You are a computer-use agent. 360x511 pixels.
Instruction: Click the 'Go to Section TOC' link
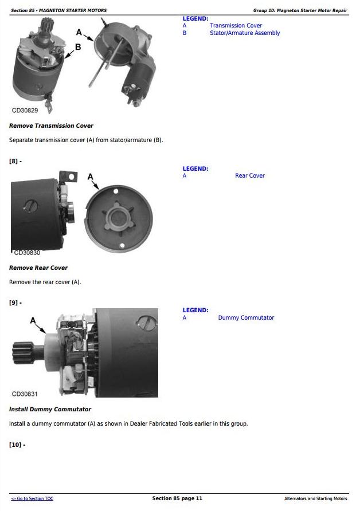pos(32,498)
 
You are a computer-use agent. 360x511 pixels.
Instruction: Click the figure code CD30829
pos(25,111)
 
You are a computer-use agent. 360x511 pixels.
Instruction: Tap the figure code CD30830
pos(27,253)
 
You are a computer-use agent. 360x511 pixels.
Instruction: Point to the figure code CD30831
pos(25,394)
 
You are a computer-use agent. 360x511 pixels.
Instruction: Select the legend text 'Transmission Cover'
pos(236,25)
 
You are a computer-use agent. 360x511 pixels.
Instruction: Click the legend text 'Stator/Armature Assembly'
pos(245,33)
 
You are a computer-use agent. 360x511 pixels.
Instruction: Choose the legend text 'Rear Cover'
pos(250,175)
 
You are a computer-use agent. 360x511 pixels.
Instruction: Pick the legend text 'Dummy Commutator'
pos(246,317)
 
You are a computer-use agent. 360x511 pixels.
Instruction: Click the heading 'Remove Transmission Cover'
pos(51,126)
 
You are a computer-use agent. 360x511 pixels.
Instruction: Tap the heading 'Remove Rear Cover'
pos(38,268)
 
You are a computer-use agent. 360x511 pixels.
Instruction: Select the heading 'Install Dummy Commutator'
pos(50,410)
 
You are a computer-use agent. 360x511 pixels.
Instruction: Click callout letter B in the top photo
pos(78,47)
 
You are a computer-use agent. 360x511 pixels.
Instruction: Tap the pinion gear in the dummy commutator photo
pos(23,353)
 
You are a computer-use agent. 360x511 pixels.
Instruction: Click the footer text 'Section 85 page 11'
pos(177,498)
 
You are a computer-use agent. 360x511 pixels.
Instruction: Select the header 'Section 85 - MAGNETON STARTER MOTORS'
pos(58,10)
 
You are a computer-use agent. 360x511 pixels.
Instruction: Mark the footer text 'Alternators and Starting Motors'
pos(316,498)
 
